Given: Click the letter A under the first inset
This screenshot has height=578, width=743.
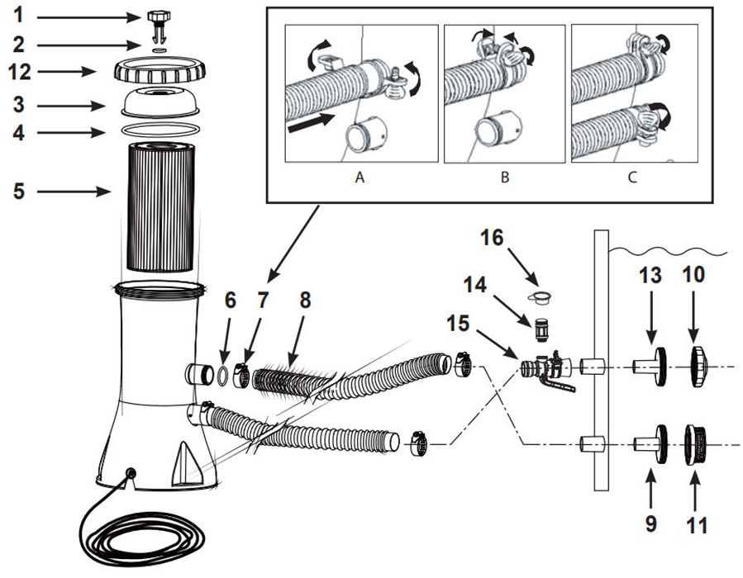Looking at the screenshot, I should (x=359, y=176).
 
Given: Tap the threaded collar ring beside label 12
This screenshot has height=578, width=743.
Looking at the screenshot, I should (x=157, y=71).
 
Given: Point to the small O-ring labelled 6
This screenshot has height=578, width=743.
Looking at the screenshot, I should (x=222, y=374).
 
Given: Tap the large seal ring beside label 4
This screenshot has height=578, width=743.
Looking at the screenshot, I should (x=157, y=130).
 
